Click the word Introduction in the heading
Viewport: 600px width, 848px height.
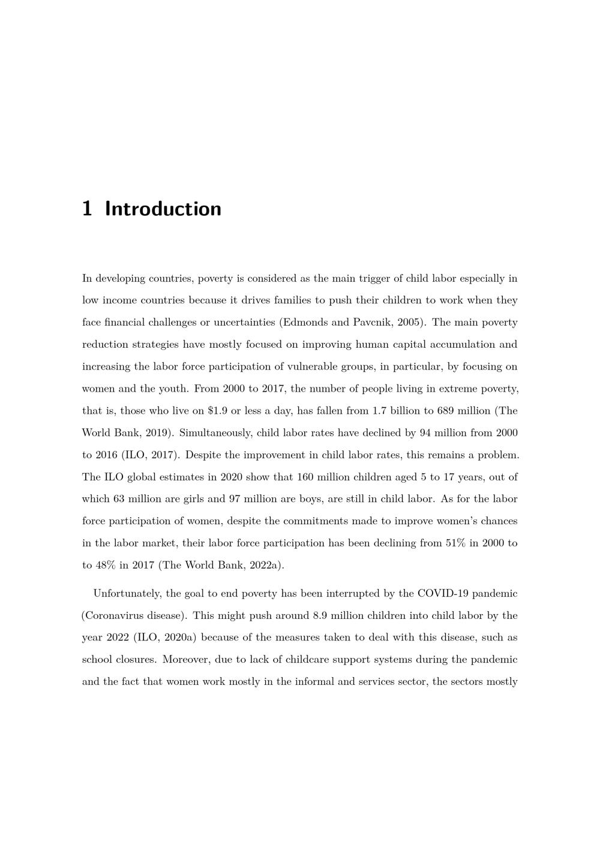pos(163,209)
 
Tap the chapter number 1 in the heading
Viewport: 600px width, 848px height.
pos(87,209)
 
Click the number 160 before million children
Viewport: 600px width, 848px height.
pos(305,477)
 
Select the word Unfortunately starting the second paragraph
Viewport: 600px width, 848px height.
pos(128,594)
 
